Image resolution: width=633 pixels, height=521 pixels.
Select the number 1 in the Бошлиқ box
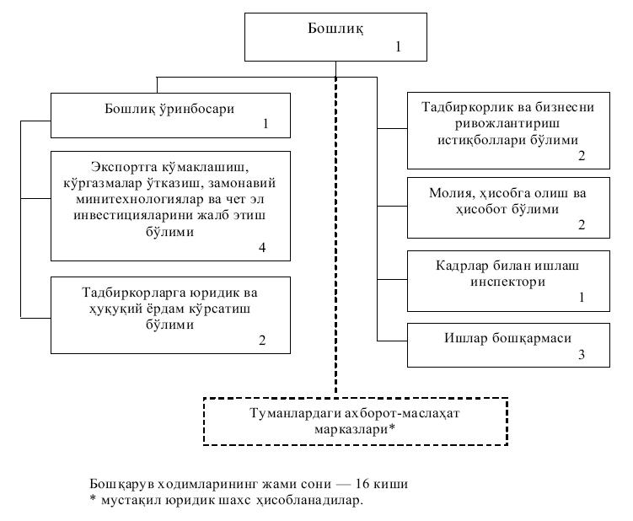click(x=399, y=46)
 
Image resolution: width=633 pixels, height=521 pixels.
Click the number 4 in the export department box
click(x=264, y=248)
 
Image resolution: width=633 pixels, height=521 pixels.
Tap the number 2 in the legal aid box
click(x=264, y=342)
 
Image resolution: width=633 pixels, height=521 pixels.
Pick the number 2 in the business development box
click(x=581, y=157)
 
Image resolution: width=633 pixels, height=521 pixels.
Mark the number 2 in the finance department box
click(x=581, y=226)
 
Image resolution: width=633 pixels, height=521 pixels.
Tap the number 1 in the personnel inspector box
click(x=581, y=298)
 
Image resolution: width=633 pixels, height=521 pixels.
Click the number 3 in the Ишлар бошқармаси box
click(x=581, y=355)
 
